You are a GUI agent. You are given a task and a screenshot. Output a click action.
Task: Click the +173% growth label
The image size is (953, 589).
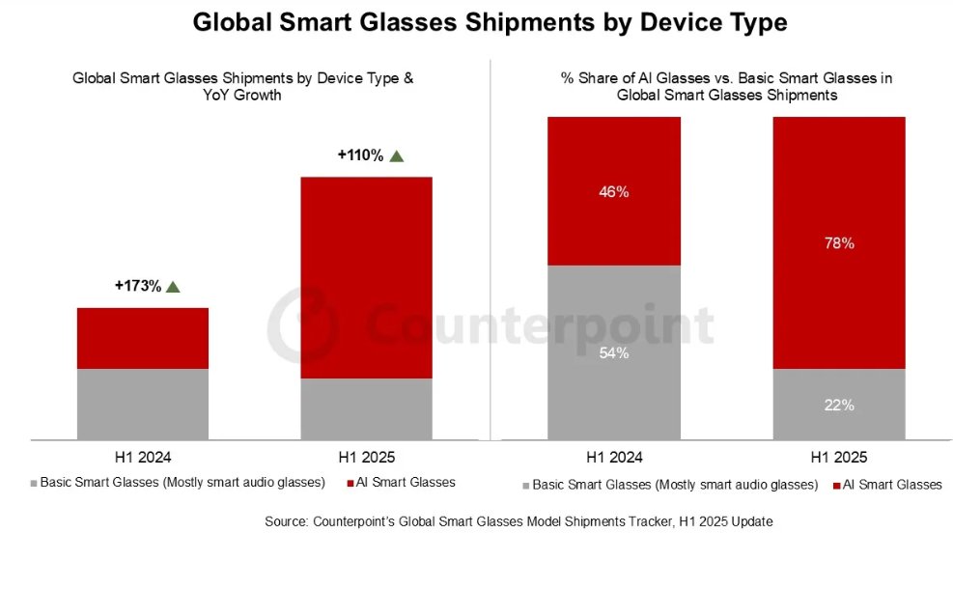click(137, 286)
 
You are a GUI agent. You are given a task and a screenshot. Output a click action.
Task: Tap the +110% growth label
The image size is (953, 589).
click(360, 154)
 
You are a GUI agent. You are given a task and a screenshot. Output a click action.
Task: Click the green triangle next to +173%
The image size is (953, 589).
click(174, 286)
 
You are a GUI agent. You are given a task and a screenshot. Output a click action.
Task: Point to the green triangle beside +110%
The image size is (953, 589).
click(396, 154)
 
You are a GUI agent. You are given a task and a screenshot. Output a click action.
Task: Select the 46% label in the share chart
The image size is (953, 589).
click(613, 192)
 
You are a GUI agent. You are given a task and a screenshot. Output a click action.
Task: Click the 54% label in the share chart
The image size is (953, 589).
click(613, 353)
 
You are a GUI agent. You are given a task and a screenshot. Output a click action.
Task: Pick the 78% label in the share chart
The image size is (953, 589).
click(839, 243)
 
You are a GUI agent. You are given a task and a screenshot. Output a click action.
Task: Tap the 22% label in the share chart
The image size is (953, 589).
click(839, 406)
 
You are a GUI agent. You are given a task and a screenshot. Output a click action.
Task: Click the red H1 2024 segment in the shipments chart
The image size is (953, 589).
click(143, 338)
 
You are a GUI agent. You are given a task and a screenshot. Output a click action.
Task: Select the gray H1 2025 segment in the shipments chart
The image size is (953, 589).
click(366, 408)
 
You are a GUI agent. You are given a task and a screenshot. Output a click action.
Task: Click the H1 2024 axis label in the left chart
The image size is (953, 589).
click(143, 457)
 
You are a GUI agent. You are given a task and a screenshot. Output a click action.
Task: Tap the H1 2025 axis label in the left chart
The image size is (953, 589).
click(366, 457)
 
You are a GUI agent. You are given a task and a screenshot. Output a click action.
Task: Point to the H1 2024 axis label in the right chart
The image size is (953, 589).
click(613, 457)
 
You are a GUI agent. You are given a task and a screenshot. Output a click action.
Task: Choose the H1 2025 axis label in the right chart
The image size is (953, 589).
click(839, 457)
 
